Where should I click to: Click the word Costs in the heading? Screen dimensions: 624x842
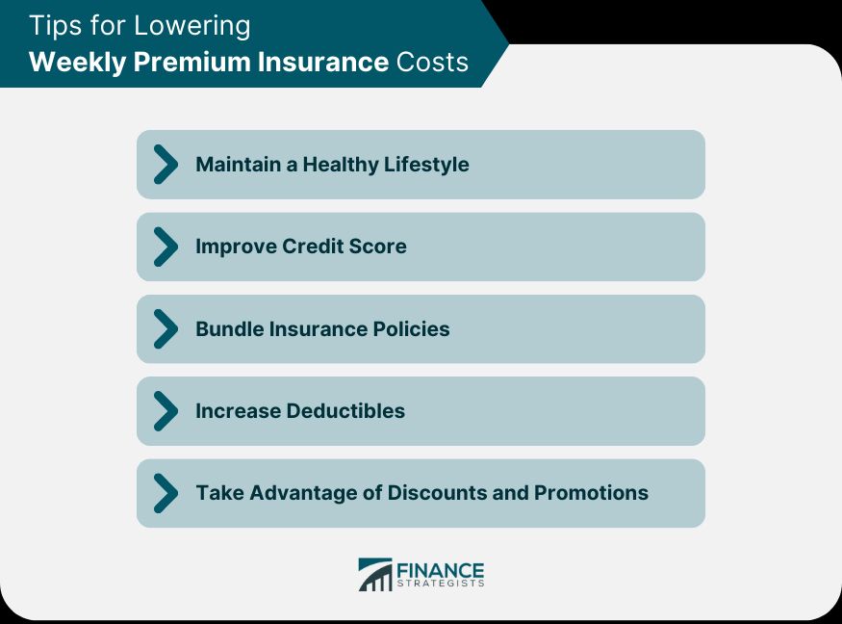[432, 63]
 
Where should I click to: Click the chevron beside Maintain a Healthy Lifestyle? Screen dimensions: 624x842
[166, 165]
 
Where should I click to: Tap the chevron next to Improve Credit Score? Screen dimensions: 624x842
[166, 247]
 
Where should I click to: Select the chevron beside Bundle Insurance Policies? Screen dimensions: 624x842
[166, 328]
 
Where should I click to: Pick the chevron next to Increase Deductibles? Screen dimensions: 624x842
[166, 411]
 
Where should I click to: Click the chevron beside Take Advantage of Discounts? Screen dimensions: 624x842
[166, 493]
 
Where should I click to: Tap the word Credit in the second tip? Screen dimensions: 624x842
[315, 247]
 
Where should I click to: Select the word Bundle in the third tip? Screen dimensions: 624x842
[229, 328]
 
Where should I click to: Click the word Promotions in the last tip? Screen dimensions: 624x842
[591, 493]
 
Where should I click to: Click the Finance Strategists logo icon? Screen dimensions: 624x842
[374, 575]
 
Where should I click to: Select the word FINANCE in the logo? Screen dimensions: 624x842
[441, 570]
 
